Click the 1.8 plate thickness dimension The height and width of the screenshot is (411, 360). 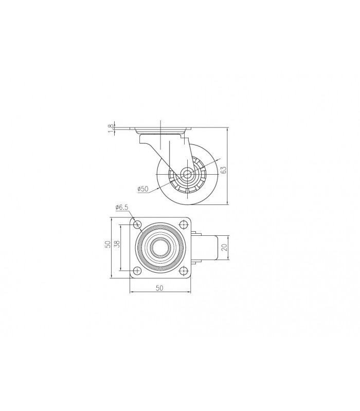click(112, 128)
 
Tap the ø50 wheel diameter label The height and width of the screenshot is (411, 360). click(143, 189)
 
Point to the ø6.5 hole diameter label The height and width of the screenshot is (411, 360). click(121, 208)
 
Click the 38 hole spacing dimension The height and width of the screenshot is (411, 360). click(117, 244)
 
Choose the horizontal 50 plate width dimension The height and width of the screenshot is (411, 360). click(159, 288)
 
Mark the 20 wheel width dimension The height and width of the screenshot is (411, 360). click(224, 247)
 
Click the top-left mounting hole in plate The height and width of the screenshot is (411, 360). click(137, 225)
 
